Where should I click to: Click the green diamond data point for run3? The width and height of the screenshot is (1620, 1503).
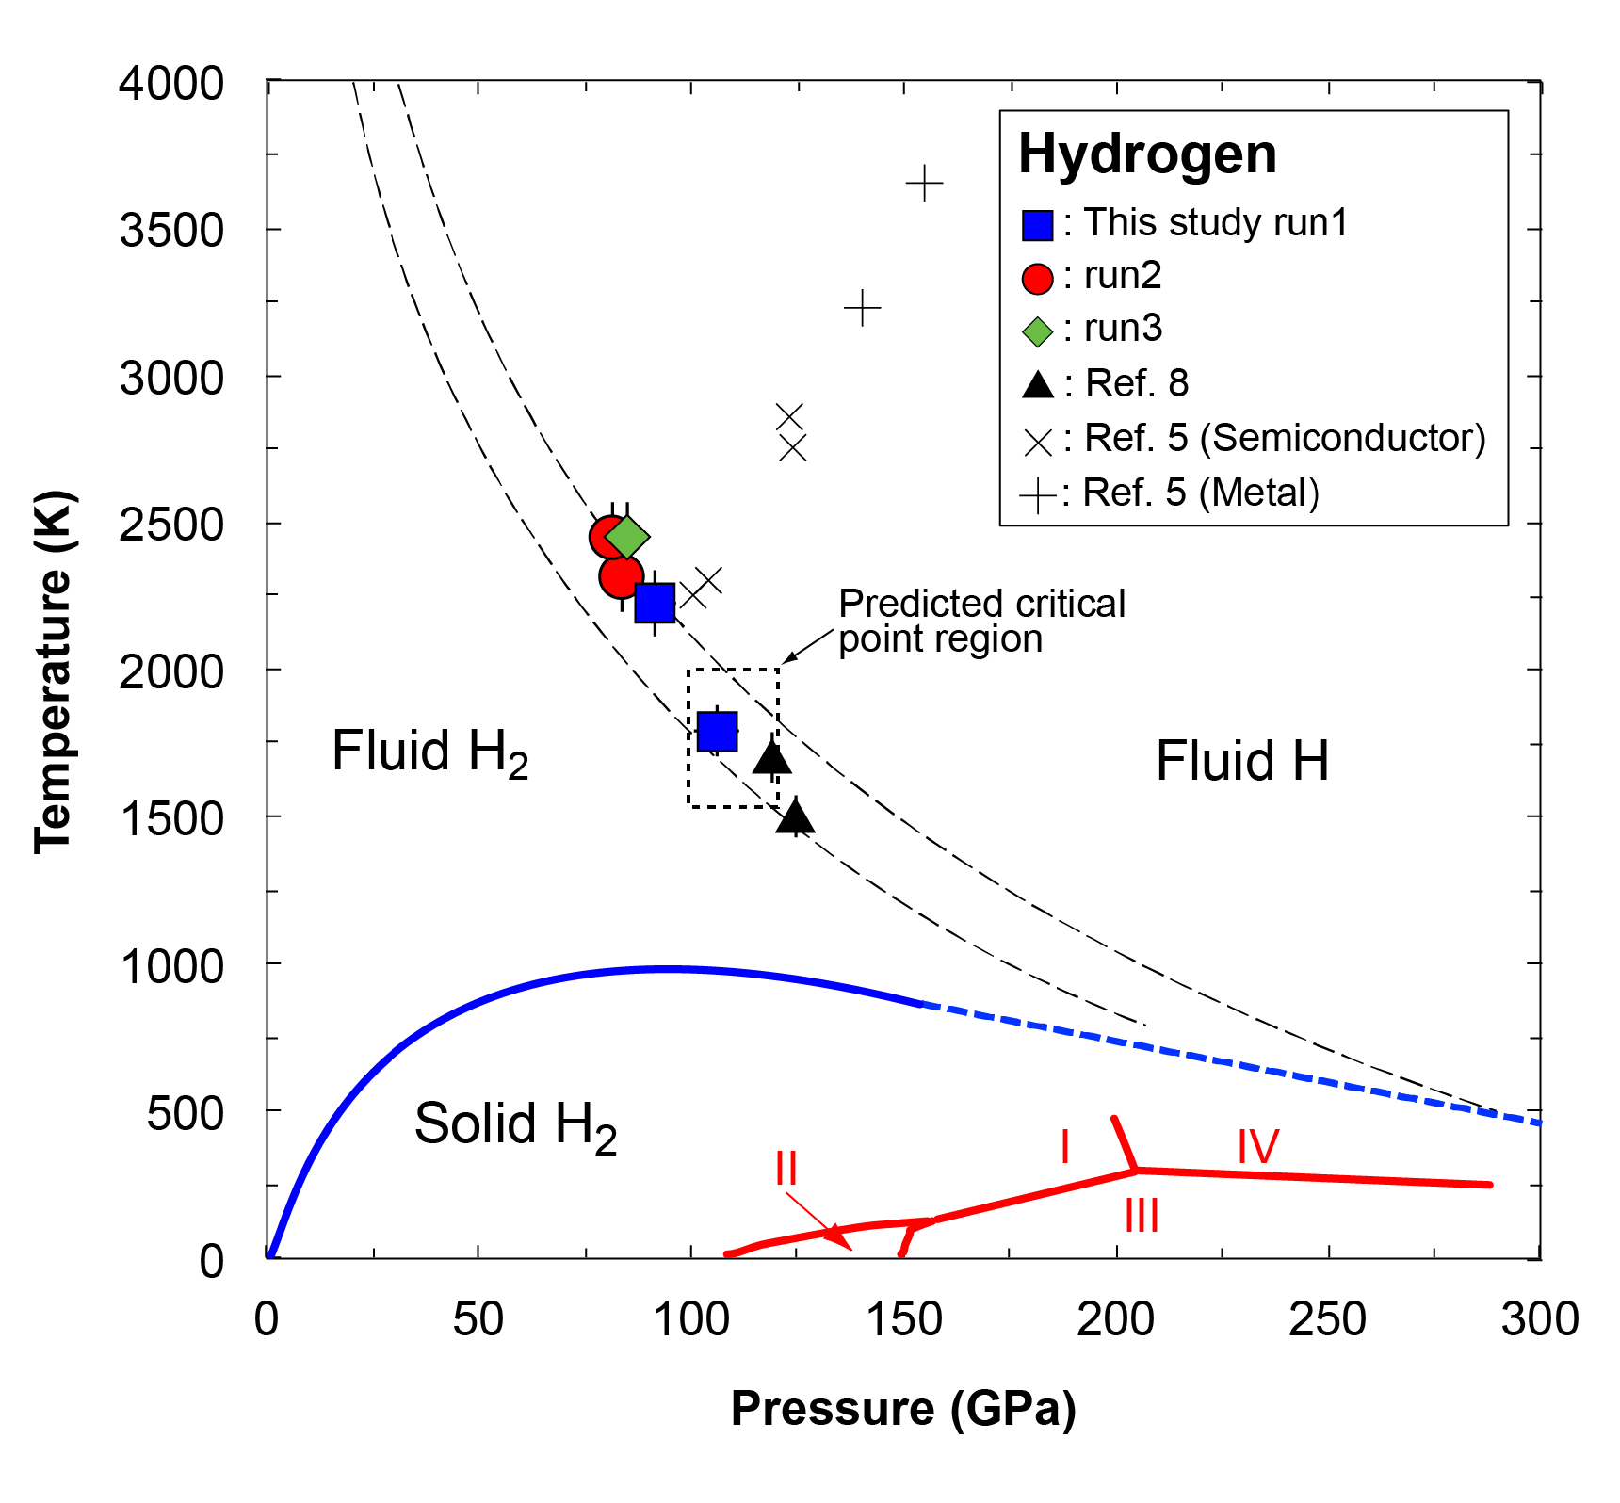(x=627, y=537)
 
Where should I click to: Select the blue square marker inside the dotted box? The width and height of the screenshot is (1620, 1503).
(x=717, y=731)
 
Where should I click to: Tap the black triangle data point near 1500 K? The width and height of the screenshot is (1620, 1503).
(x=795, y=816)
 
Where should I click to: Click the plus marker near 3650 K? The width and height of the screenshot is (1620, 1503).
(x=924, y=183)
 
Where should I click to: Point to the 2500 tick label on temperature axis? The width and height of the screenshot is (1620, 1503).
(x=171, y=525)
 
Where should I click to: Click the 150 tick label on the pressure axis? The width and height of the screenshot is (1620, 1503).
(x=903, y=1319)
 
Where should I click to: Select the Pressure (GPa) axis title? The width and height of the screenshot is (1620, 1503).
(x=903, y=1409)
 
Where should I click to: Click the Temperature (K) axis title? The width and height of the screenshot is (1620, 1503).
(x=54, y=671)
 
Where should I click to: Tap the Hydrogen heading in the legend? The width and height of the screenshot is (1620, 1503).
(x=1147, y=154)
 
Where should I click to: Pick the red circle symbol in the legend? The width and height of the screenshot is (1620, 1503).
(x=1037, y=278)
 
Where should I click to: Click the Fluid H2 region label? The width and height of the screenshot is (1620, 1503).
(x=429, y=752)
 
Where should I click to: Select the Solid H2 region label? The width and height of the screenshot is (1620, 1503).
(x=515, y=1124)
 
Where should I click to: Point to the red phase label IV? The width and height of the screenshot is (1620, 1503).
(x=1257, y=1146)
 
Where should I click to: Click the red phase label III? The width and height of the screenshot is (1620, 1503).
(x=1142, y=1216)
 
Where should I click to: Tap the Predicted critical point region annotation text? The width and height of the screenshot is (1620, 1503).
(x=981, y=621)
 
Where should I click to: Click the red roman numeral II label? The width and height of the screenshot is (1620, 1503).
(x=786, y=1169)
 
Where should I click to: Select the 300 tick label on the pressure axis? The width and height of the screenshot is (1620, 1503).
(x=1540, y=1319)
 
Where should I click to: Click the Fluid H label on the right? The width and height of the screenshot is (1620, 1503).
(x=1241, y=761)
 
